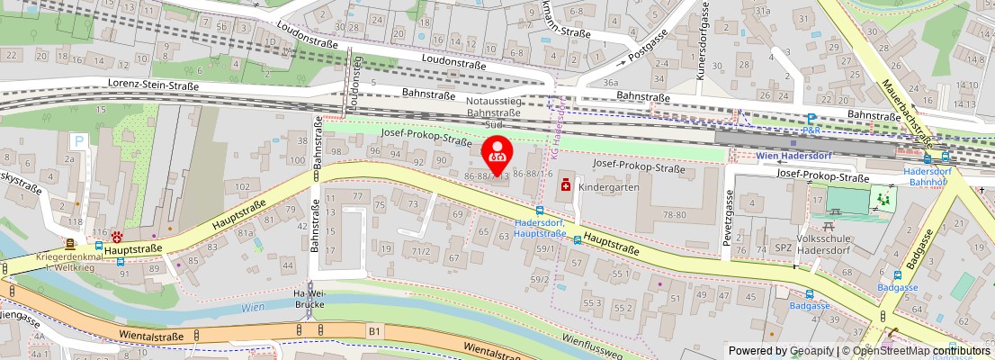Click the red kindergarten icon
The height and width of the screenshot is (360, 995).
[x=567, y=184]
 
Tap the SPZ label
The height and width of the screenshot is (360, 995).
[x=783, y=247]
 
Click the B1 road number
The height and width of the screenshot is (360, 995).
[x=374, y=331]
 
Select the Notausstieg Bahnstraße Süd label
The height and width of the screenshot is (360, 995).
[x=493, y=112]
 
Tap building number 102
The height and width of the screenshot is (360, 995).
[x=242, y=186]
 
